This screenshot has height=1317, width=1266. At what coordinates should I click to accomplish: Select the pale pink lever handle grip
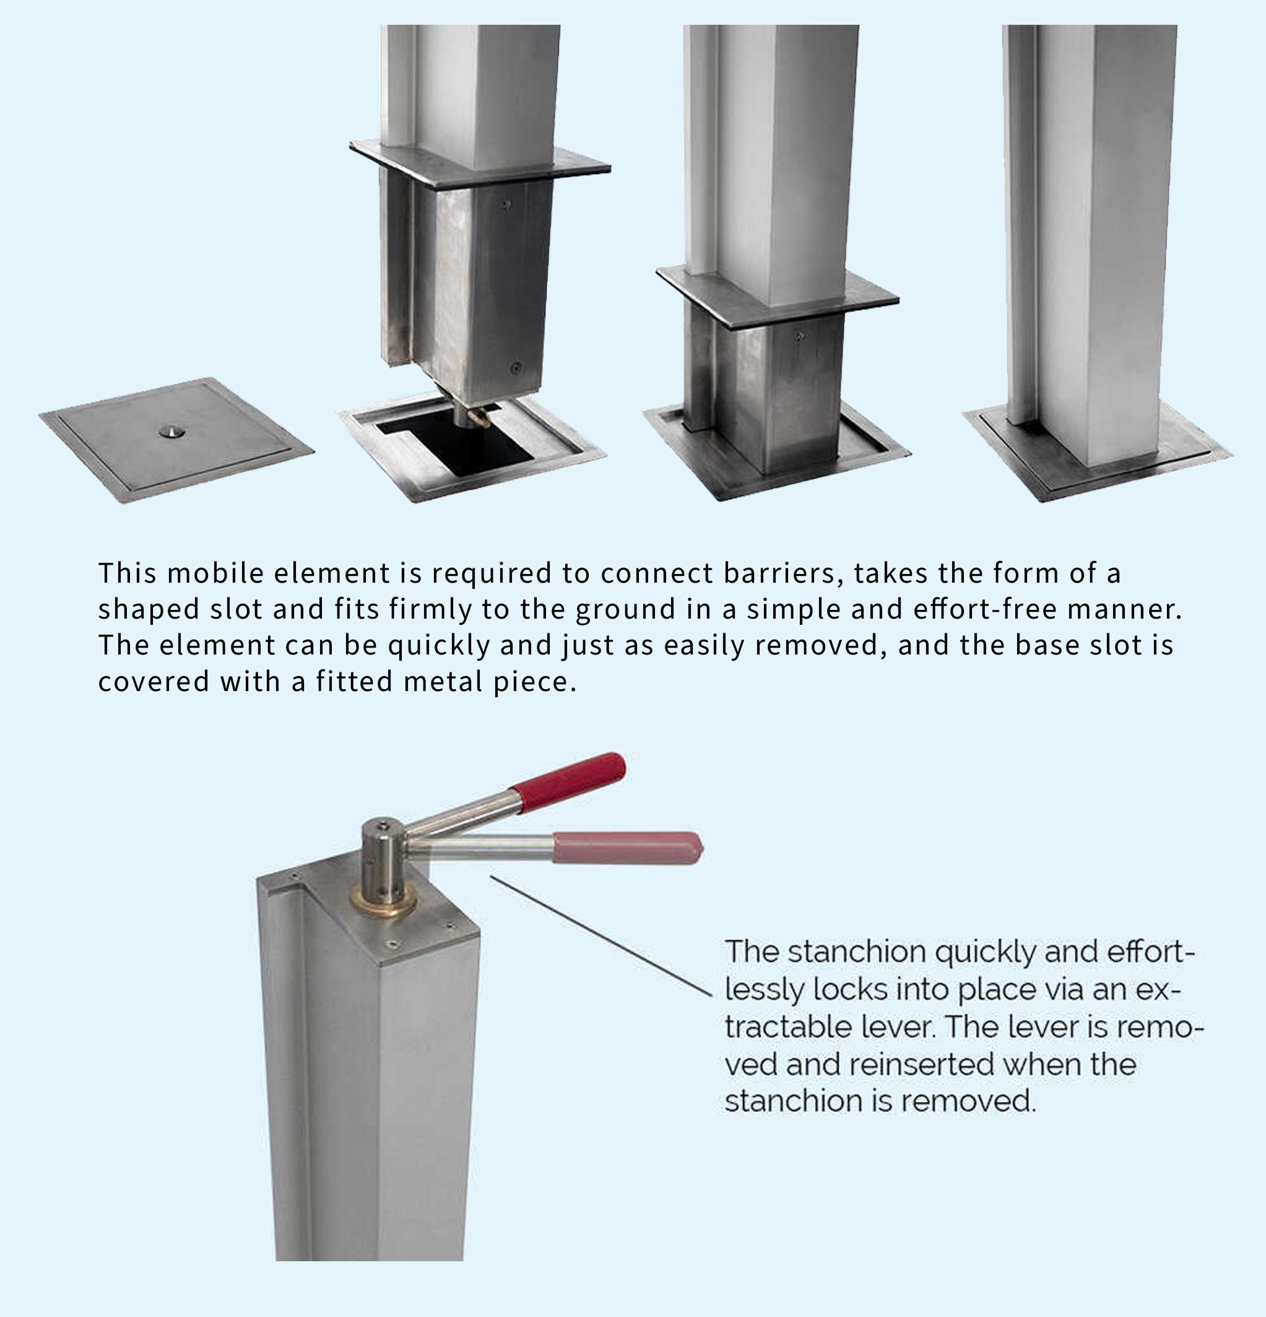coord(628,848)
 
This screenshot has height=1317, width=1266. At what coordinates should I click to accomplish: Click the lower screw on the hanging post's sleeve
coord(516,368)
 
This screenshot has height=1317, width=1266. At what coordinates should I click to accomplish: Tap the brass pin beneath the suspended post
coord(478,417)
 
